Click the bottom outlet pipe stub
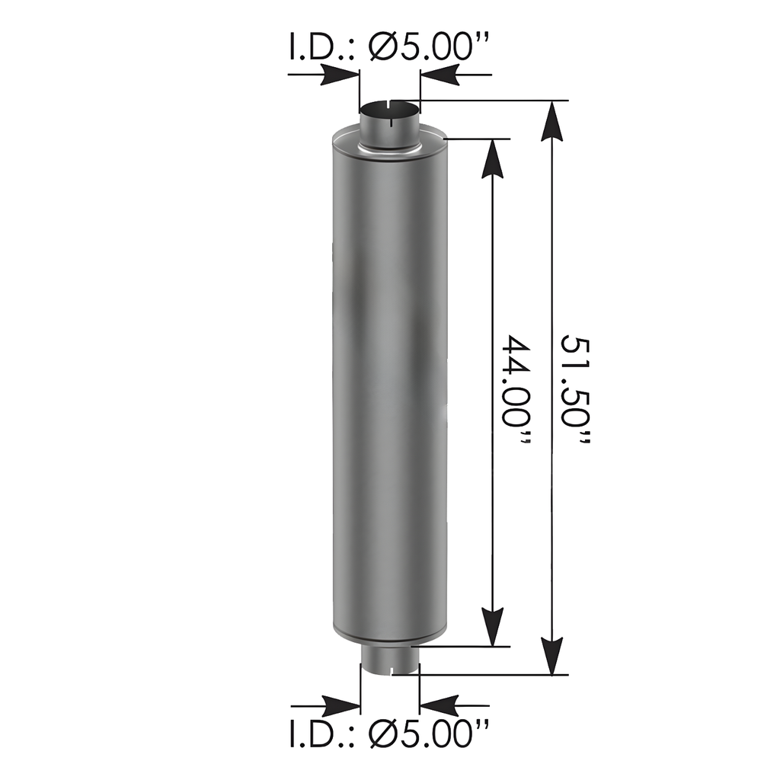click(x=390, y=660)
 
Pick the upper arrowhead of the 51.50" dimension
click(x=551, y=121)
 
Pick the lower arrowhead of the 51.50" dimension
click(x=551, y=655)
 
